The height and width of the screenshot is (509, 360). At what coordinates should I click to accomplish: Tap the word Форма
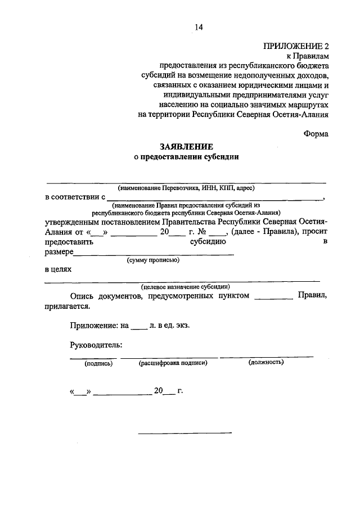click(x=316, y=133)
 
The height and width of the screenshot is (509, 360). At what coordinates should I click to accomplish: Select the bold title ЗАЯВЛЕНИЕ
click(x=186, y=146)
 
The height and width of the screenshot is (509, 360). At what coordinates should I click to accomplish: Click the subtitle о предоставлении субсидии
click(x=186, y=157)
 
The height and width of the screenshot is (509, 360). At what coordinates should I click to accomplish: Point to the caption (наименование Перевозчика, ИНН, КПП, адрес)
click(x=186, y=188)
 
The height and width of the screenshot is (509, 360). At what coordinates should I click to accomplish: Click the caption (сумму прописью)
click(x=153, y=260)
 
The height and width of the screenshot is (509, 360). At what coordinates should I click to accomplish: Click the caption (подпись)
click(x=98, y=363)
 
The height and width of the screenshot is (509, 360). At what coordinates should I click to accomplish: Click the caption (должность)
click(x=266, y=363)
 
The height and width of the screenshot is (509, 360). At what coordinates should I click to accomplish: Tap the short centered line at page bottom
click(x=185, y=433)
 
